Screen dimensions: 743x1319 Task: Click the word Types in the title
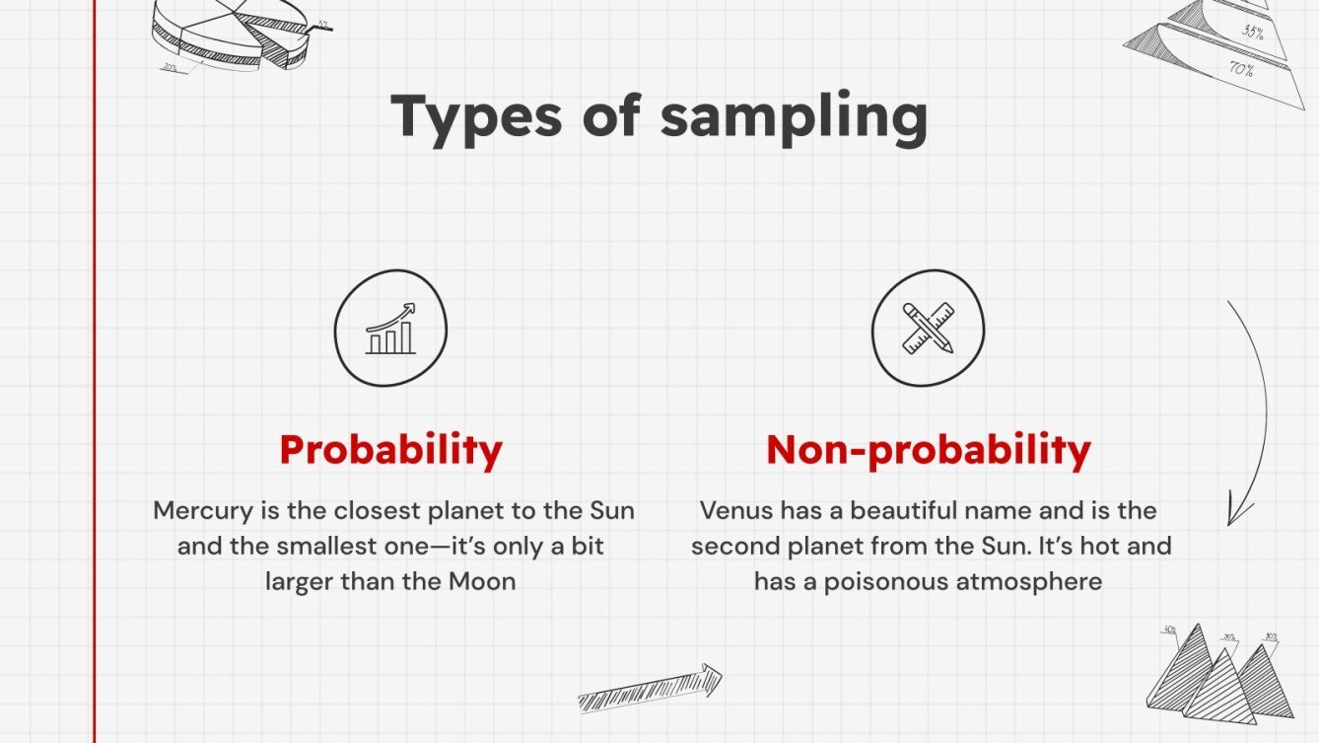pyautogui.click(x=474, y=116)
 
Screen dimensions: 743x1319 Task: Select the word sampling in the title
pyautogui.click(x=794, y=118)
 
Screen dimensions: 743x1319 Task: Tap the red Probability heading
pyautogui.click(x=390, y=450)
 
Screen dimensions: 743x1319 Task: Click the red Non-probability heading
pyautogui.click(x=928, y=450)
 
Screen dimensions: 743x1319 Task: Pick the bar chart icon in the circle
pyautogui.click(x=390, y=329)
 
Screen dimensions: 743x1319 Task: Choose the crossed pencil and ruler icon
pyautogui.click(x=928, y=329)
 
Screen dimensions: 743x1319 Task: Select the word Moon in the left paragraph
pyautogui.click(x=482, y=581)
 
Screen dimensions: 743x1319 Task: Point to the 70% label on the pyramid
pyautogui.click(x=1240, y=69)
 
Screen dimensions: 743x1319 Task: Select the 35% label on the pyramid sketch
pyautogui.click(x=1252, y=32)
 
